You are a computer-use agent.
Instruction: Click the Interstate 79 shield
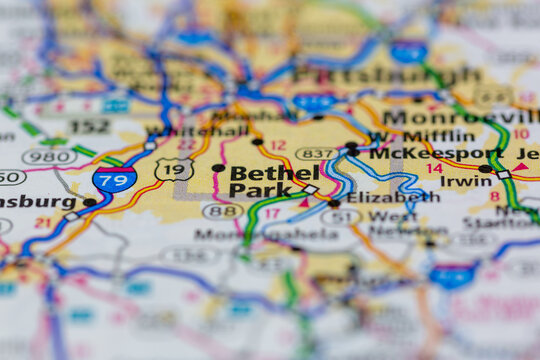115,180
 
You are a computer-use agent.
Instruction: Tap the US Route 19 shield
174,170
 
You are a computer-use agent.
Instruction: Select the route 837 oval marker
316,153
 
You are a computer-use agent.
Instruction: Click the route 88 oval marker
223,211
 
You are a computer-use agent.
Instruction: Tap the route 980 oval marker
49,156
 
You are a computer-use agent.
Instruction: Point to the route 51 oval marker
341,216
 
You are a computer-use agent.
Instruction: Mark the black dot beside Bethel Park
218,168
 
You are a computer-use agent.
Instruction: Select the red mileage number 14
434,168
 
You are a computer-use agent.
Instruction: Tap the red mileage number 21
42,222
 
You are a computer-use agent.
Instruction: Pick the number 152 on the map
89,127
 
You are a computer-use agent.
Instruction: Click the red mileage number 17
272,213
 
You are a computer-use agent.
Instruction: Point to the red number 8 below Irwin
494,197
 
